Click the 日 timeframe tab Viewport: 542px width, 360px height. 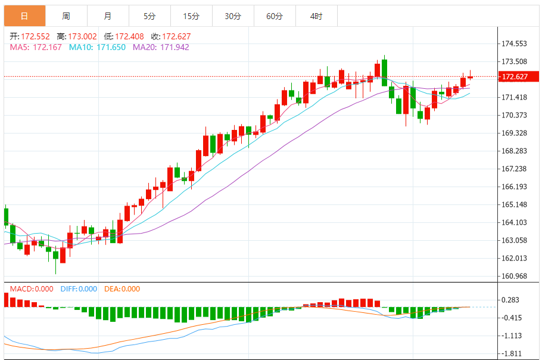(24, 16)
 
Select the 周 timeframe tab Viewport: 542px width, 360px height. (66, 16)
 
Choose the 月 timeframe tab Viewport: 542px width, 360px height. (107, 16)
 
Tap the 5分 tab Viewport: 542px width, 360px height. (149, 16)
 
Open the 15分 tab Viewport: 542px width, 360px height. (191, 16)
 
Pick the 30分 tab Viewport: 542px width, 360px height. (232, 16)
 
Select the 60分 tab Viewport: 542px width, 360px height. (274, 16)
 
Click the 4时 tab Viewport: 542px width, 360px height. (316, 16)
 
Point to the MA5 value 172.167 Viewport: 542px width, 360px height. (47, 47)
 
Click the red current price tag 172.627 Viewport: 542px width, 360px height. (516, 76)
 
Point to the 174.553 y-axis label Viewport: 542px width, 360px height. (515, 44)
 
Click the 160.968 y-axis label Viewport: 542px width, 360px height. (515, 276)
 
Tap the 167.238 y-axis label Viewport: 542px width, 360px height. (515, 169)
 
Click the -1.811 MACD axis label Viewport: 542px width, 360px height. (512, 353)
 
